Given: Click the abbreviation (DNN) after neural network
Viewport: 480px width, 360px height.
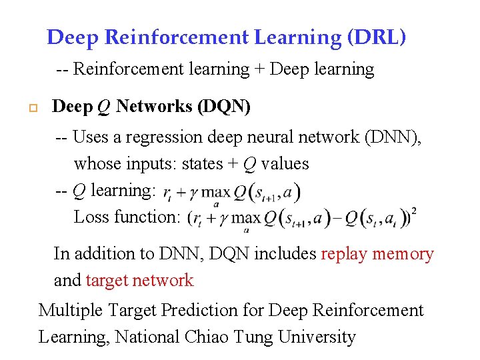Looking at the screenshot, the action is click(398, 137).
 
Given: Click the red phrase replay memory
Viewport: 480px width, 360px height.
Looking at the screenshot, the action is click(377, 254).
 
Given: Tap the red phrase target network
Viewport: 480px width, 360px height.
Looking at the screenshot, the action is click(140, 281).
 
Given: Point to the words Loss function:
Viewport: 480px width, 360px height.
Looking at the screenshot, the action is click(127, 217).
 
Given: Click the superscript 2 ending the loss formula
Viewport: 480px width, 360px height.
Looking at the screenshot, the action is click(415, 211).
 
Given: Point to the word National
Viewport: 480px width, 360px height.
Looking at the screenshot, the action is click(145, 337).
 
